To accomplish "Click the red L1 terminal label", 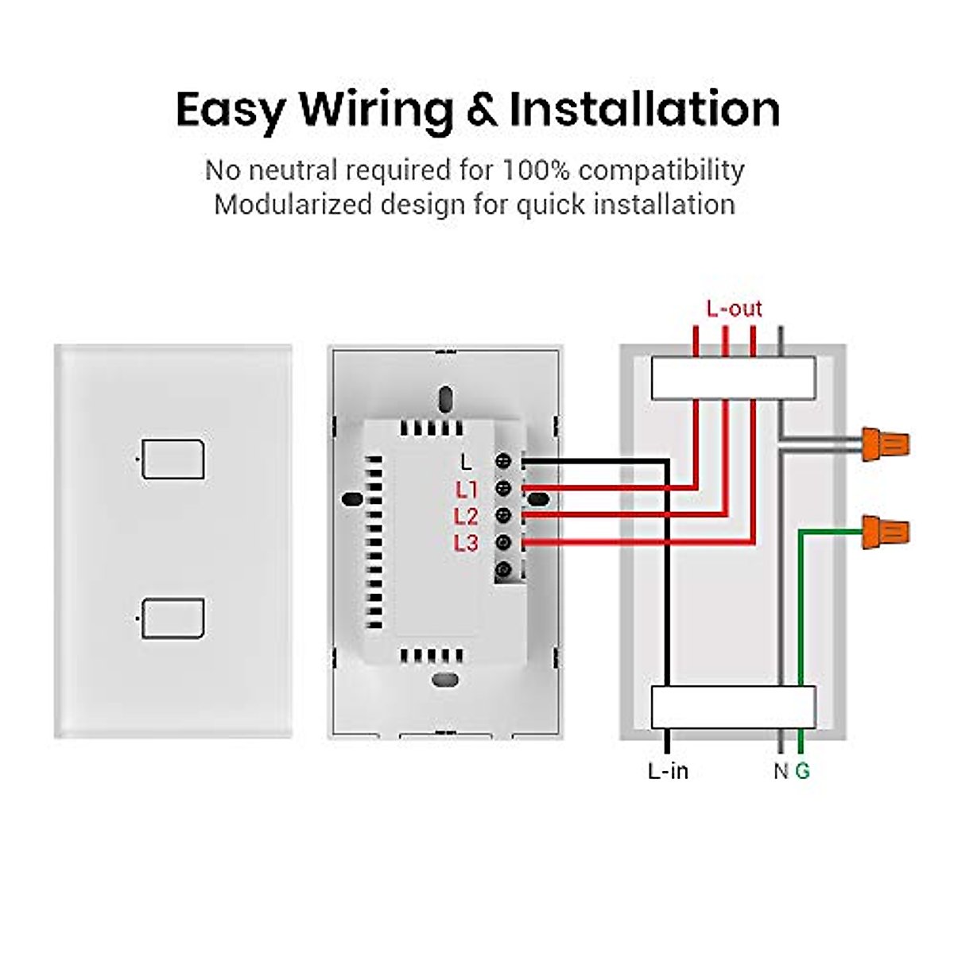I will click(x=467, y=490).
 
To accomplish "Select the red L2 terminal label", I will click(x=467, y=517).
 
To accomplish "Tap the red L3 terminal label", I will click(x=467, y=544).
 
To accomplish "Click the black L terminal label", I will click(x=467, y=462).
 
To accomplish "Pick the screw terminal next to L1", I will click(x=503, y=488).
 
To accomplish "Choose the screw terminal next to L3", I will click(x=503, y=543).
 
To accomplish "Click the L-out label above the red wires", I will click(x=734, y=308).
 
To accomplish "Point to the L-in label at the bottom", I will click(x=668, y=771).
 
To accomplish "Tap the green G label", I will click(x=803, y=771).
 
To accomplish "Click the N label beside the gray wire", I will click(x=781, y=771).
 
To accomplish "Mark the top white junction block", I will click(x=733, y=378).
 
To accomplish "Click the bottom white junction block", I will click(x=733, y=707).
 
